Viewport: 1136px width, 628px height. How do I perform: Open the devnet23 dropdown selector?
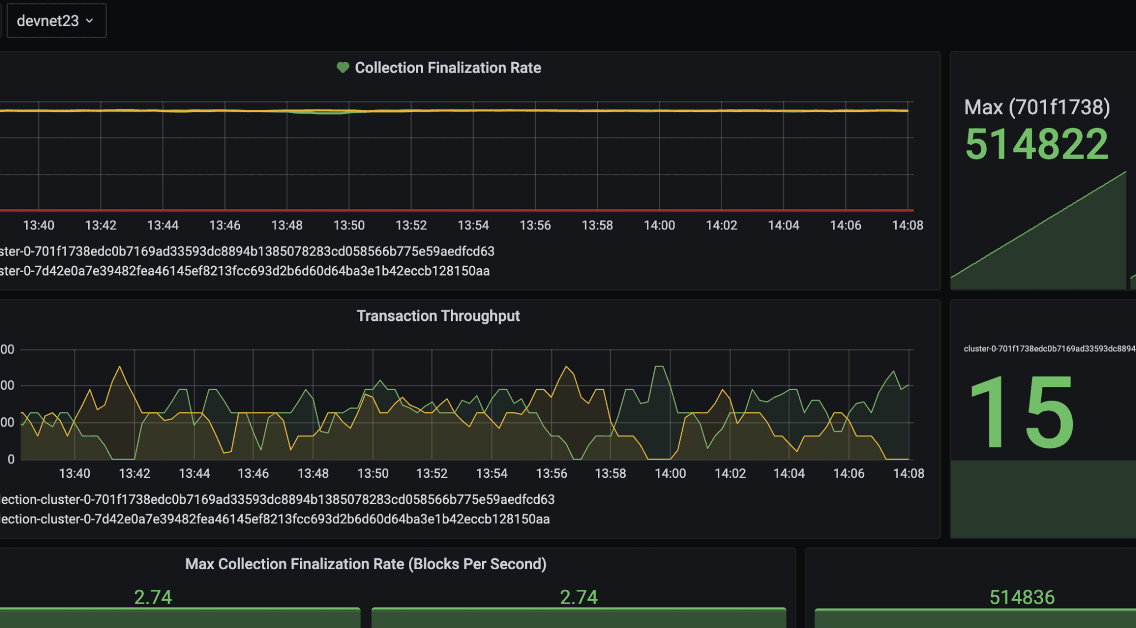(x=55, y=21)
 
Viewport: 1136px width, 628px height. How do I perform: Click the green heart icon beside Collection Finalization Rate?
(x=343, y=68)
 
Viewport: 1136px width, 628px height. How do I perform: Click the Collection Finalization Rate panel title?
(x=448, y=68)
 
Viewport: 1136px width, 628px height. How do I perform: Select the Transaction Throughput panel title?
(x=438, y=316)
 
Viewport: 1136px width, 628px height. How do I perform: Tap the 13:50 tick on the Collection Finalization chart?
(x=349, y=226)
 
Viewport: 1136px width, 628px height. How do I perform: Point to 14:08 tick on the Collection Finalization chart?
(x=907, y=226)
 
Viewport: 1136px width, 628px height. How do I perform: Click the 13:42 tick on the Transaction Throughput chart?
(x=134, y=473)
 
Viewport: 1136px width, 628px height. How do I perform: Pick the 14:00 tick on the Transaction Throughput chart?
(x=670, y=473)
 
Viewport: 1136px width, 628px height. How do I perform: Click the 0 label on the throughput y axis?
(x=11, y=459)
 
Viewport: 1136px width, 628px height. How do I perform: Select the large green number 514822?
(x=1037, y=144)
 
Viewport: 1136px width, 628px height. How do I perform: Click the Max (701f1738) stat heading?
(x=1037, y=107)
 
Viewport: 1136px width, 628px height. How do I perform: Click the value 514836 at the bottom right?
(x=1022, y=598)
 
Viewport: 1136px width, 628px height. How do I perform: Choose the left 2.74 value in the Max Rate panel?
(x=153, y=598)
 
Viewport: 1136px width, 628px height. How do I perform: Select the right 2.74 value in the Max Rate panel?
(x=579, y=598)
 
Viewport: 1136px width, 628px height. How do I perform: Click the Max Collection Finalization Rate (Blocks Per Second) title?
(x=366, y=564)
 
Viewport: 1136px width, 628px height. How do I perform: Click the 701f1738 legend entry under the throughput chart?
(x=277, y=499)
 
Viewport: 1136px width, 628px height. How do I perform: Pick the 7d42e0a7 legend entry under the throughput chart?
(x=275, y=519)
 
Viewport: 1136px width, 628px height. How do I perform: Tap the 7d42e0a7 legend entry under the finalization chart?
(x=245, y=271)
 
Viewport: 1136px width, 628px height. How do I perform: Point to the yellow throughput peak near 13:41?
(x=119, y=367)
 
